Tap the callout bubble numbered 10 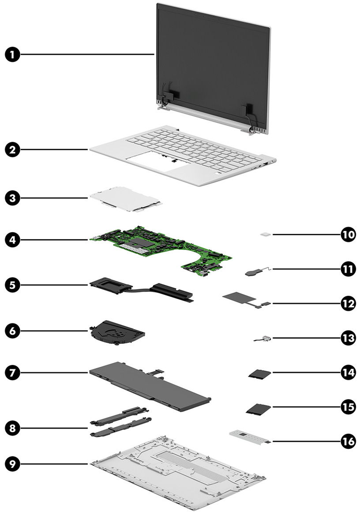[348, 234]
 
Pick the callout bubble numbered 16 [348, 440]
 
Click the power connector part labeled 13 [264, 339]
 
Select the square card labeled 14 [258, 374]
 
